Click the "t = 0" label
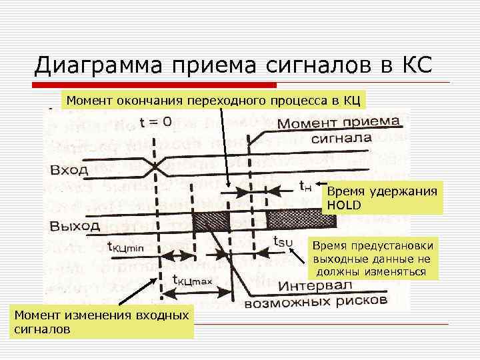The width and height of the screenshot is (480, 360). tap(155, 122)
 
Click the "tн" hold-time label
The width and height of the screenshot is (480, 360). tap(305, 186)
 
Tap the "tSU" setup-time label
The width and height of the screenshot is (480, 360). tap(283, 242)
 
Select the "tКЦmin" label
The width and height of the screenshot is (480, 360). tap(125, 247)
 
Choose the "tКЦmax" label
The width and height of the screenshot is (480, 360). tap(192, 281)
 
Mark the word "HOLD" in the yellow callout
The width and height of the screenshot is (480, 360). tap(344, 205)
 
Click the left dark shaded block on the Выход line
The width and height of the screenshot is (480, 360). tap(211, 219)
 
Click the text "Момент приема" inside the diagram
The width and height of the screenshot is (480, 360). tap(338, 125)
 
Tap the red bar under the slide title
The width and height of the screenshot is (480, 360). tap(157, 85)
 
